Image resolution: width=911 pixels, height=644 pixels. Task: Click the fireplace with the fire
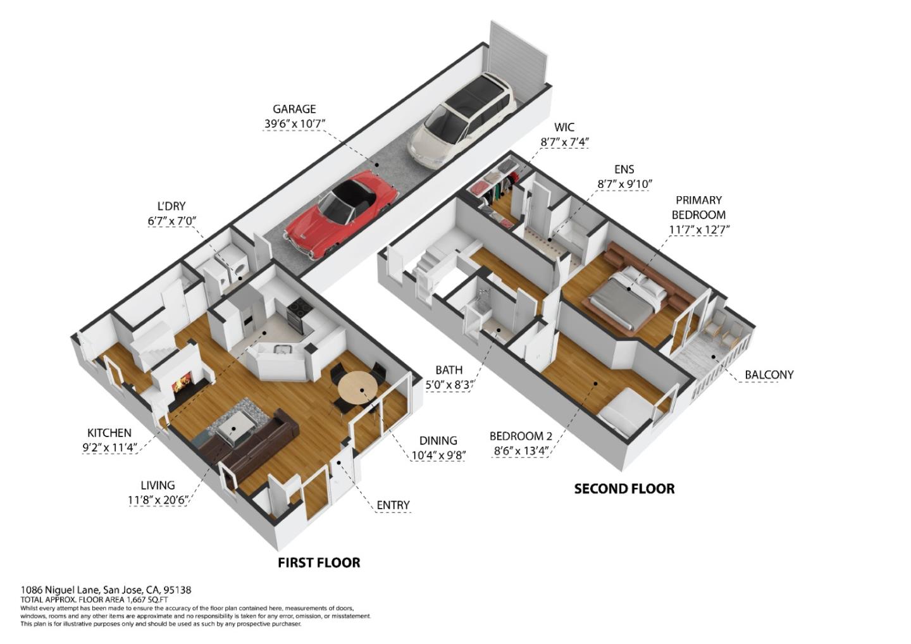(181, 383)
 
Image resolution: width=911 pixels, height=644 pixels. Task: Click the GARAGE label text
(294, 109)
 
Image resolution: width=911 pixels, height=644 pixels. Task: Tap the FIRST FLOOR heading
(319, 562)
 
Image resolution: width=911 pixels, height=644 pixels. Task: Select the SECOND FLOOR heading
(624, 488)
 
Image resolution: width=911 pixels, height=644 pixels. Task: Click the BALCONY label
(769, 375)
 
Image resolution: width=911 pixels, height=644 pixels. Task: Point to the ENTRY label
(393, 505)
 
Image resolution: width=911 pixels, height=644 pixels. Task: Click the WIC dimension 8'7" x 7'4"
(564, 142)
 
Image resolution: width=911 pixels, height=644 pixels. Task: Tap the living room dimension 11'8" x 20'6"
(158, 500)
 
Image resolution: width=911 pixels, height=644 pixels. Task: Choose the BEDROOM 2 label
(521, 436)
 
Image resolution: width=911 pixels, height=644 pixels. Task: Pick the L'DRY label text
(171, 206)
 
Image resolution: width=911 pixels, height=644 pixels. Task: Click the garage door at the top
(519, 54)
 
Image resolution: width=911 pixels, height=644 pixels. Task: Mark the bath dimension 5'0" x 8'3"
(449, 385)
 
